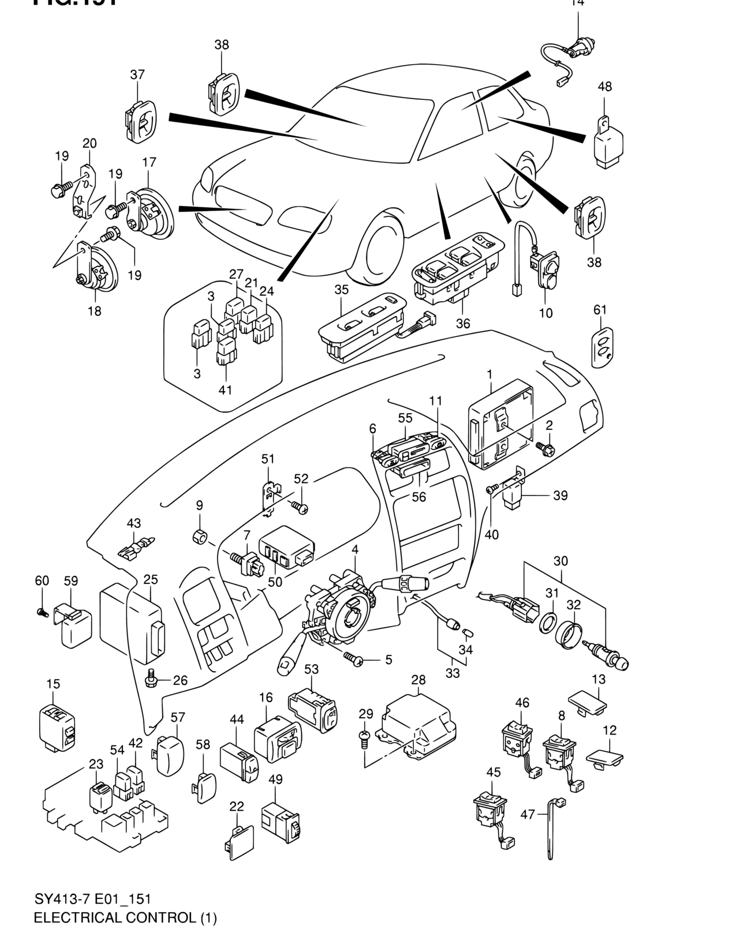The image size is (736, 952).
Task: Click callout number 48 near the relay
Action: [x=604, y=87]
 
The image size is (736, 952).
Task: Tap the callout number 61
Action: [x=600, y=310]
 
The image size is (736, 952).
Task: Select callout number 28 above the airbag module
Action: [x=418, y=680]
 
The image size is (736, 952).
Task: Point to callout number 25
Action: [x=150, y=579]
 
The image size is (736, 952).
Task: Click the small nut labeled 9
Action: [x=200, y=537]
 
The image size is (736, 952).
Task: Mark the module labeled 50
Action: [x=286, y=548]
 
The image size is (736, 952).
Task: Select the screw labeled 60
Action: [x=42, y=612]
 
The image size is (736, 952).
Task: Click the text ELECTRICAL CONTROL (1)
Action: [x=125, y=917]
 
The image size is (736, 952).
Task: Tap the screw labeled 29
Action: [x=364, y=737]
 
